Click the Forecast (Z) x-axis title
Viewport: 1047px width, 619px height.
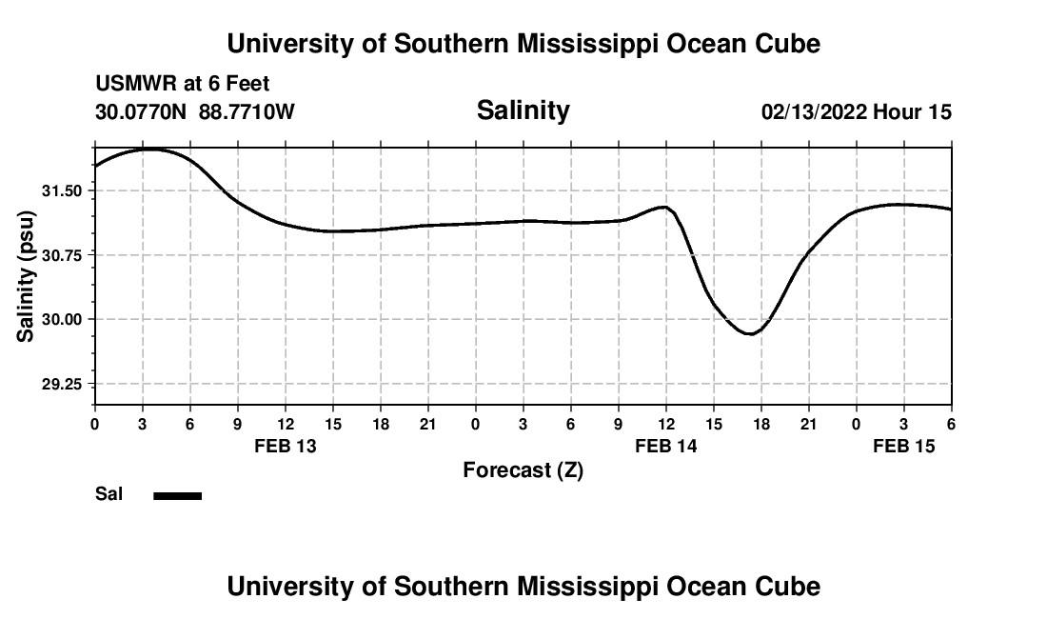click(523, 469)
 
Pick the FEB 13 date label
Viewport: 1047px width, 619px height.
click(286, 446)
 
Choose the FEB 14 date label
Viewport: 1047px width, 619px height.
click(666, 446)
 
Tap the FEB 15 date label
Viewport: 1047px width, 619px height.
click(904, 446)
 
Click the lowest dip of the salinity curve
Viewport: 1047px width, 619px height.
click(750, 333)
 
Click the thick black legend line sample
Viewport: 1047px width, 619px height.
click(177, 495)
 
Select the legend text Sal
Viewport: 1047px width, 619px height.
click(108, 494)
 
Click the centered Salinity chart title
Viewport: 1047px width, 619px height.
click(523, 110)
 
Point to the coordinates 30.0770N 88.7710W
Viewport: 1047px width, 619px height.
click(195, 112)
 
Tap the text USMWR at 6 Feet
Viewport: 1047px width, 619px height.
click(182, 84)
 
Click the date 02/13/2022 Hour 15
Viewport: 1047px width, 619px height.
click(856, 112)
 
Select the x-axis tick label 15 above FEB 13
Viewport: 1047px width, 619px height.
click(332, 424)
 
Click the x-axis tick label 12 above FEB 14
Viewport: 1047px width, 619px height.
click(665, 424)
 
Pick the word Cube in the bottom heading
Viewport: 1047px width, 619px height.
click(791, 586)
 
